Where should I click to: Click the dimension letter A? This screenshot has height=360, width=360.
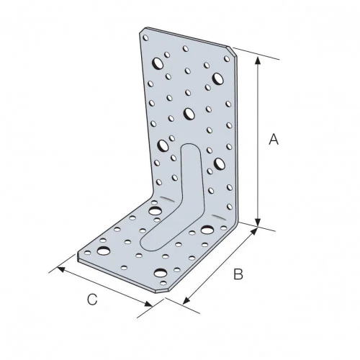click(274, 140)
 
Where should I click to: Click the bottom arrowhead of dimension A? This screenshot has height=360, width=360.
click(258, 222)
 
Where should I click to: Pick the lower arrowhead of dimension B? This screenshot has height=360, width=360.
click(186, 302)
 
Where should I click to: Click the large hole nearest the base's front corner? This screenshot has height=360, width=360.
click(158, 273)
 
